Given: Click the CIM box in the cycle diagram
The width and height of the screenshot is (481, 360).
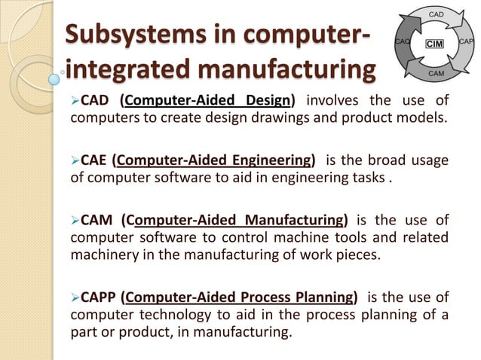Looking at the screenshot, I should point(435,44).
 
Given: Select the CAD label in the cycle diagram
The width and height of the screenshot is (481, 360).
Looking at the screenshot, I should point(436,14).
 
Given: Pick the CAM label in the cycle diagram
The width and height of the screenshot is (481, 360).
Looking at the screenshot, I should point(436,73).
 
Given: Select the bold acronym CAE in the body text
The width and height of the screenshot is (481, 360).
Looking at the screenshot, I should point(94,160).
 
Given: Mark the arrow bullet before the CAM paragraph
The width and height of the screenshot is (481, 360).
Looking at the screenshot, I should point(74,220).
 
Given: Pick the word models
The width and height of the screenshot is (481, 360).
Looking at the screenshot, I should point(419,118).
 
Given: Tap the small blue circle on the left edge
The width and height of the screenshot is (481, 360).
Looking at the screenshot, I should point(54,78).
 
